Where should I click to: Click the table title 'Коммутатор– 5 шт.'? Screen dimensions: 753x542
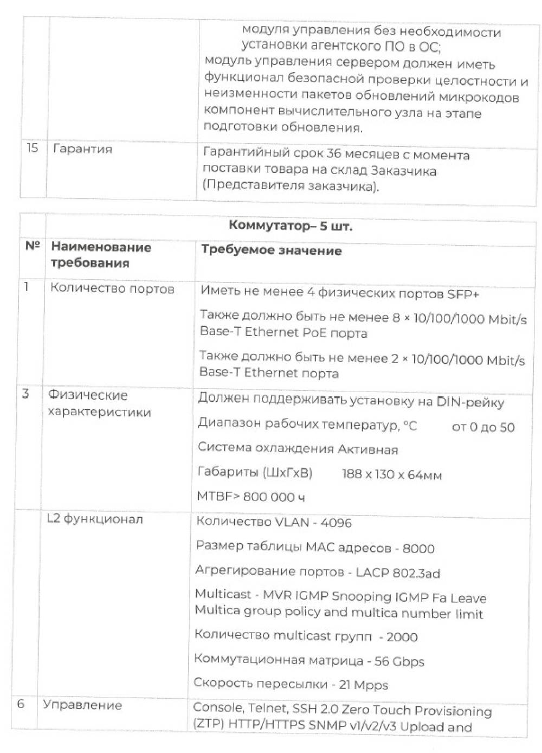[290, 226]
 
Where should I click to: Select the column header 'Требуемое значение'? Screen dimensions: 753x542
[271, 250]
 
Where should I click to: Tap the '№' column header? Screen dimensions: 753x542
[33, 246]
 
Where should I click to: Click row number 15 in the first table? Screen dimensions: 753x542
[33, 147]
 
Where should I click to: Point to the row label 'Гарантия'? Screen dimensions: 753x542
[82, 149]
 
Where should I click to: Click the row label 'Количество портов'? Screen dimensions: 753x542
[112, 288]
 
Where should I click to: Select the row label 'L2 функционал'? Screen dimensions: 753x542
[95, 519]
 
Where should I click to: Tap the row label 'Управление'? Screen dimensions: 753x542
[82, 705]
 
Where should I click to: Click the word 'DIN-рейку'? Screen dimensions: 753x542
[470, 402]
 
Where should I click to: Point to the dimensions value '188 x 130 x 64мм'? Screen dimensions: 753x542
[391, 475]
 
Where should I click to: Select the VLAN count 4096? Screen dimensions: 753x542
[336, 523]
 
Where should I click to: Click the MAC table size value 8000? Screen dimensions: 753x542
[418, 549]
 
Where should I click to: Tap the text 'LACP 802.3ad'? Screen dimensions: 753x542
[398, 573]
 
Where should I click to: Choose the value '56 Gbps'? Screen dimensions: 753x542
[399, 661]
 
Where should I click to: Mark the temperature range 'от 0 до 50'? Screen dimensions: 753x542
[483, 427]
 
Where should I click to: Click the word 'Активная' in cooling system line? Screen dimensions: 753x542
[367, 449]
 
